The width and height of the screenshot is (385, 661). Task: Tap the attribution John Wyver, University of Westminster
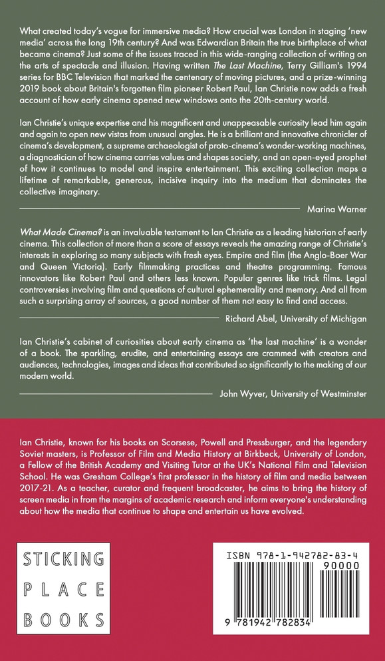[x=293, y=393]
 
